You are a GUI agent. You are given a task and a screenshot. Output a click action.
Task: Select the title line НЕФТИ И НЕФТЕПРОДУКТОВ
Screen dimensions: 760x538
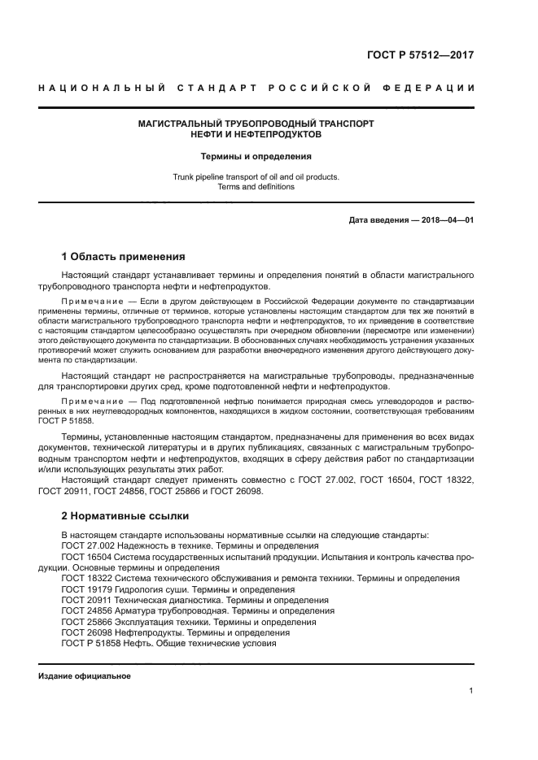coord(256,135)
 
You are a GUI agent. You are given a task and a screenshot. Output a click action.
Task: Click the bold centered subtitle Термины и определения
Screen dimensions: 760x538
coord(256,156)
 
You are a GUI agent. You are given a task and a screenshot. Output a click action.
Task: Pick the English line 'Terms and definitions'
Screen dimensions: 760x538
coord(256,187)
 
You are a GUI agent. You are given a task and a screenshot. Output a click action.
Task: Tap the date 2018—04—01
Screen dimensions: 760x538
coord(446,220)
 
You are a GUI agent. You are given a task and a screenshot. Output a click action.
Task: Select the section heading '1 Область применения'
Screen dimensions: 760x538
coord(123,256)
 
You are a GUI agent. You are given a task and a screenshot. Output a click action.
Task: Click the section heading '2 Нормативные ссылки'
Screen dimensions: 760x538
coord(125,515)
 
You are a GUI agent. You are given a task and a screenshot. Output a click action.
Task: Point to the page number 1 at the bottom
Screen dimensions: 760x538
coord(471,691)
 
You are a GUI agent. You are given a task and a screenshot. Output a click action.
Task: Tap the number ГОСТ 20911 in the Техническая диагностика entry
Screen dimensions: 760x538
coord(85,600)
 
